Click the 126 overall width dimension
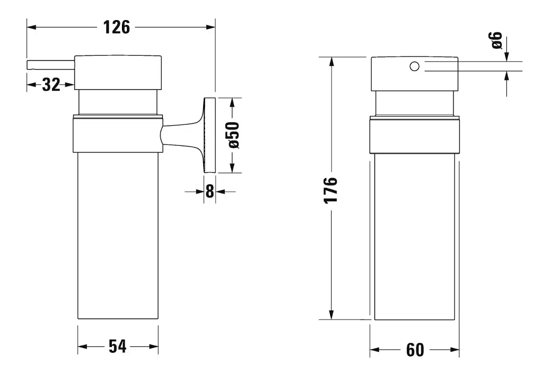pyautogui.click(x=116, y=27)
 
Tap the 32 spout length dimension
pyautogui.click(x=51, y=85)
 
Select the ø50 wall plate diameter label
pyautogui.click(x=234, y=135)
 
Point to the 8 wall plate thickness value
pyautogui.click(x=210, y=191)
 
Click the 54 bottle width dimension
pyautogui.click(x=117, y=346)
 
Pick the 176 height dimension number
pyautogui.click(x=331, y=191)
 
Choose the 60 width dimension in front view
pyautogui.click(x=415, y=350)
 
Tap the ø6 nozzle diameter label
pyautogui.click(x=495, y=40)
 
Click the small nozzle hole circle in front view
pyautogui.click(x=415, y=66)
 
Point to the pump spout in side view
pyautogui.click(x=51, y=65)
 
